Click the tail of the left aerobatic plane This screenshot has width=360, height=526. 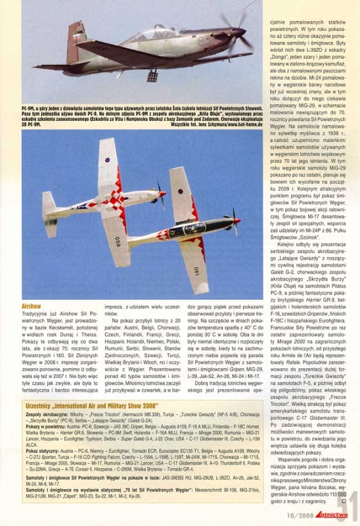[51, 214]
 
